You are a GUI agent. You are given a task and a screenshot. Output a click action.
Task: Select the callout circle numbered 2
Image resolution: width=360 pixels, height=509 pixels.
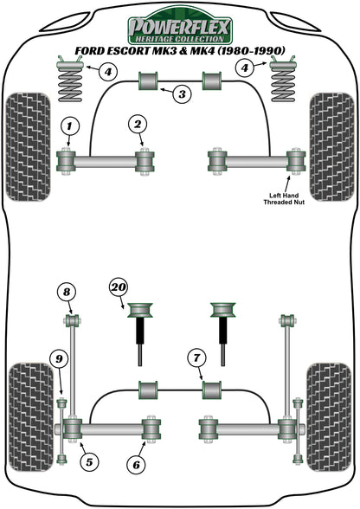click(x=137, y=126)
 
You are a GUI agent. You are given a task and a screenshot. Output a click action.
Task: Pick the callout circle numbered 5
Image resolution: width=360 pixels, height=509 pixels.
click(x=89, y=461)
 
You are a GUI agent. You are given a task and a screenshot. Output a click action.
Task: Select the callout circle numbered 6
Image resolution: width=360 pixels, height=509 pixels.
click(x=136, y=465)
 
